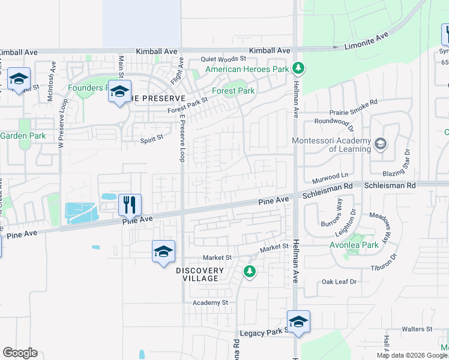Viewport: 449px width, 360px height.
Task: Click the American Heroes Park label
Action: click(x=247, y=70)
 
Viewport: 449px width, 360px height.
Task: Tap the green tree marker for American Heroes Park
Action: click(x=297, y=68)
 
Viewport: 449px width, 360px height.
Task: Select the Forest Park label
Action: click(x=237, y=91)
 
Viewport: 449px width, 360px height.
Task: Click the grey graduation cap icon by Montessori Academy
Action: click(x=379, y=144)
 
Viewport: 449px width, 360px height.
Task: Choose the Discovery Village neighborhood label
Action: click(x=199, y=275)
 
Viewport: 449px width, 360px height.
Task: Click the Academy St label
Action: click(x=210, y=303)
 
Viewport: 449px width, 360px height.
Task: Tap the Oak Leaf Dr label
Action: click(x=339, y=281)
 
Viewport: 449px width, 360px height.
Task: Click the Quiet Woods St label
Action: click(x=223, y=59)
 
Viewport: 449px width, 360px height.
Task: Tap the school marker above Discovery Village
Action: click(x=163, y=252)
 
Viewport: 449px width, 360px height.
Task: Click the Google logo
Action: click(x=20, y=353)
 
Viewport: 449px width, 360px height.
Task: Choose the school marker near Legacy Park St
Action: click(x=298, y=322)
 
